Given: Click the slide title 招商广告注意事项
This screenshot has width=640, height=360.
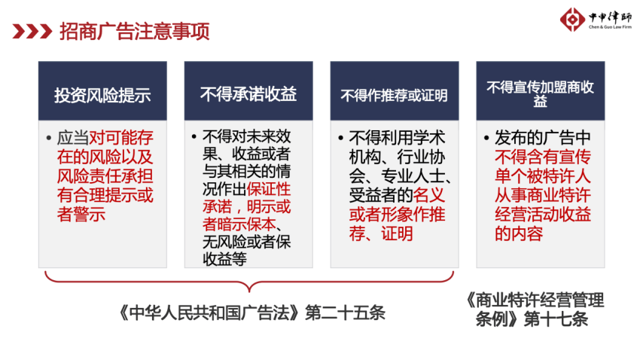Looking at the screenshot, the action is [135, 32].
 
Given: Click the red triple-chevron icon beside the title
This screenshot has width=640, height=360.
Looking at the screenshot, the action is [32, 32].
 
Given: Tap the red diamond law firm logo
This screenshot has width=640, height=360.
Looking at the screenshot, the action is [572, 19].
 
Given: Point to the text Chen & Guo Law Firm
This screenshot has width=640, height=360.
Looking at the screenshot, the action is [610, 27].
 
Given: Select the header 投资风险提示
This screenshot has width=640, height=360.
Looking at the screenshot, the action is [102, 95].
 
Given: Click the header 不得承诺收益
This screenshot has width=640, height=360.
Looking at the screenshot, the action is [248, 94].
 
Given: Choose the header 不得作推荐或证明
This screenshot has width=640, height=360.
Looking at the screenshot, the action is [394, 96].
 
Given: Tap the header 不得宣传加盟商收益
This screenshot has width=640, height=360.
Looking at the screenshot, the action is [540, 94].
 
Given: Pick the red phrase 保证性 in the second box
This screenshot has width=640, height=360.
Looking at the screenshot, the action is [269, 189].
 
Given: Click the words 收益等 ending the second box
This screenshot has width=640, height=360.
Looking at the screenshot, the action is [224, 259].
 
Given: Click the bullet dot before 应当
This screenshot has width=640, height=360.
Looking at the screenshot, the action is [49, 139].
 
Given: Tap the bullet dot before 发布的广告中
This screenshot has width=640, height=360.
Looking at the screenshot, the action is [486, 138].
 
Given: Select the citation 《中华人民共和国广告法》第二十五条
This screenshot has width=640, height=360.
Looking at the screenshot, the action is [251, 313].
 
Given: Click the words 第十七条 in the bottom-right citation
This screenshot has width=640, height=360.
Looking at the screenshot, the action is [556, 319].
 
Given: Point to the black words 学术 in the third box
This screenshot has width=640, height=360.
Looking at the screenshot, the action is [429, 138].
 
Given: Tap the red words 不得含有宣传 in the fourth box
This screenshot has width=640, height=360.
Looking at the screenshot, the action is [543, 157].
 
